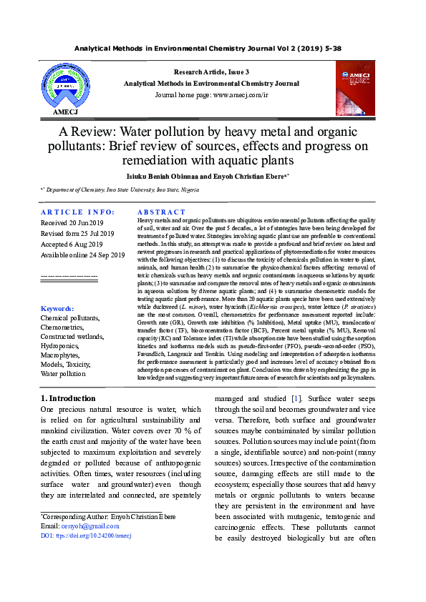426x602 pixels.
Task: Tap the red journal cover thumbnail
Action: [x=355, y=88]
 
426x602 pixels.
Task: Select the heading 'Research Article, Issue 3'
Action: [x=212, y=72]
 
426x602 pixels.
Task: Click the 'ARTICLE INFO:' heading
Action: [x=77, y=212]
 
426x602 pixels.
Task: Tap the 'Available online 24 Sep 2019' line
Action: [x=82, y=255]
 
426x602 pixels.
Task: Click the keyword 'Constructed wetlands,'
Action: [x=76, y=336]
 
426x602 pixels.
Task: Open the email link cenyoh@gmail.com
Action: [x=80, y=525]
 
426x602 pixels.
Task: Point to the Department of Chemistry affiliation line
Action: [x=120, y=190]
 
